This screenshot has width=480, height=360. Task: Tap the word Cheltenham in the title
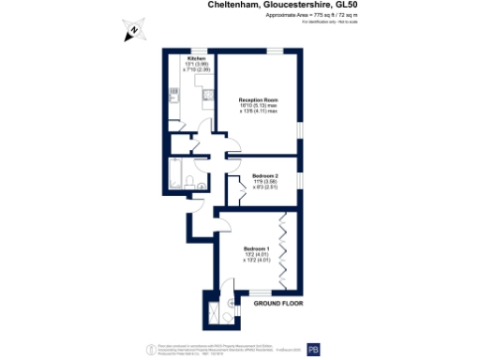coord(234,5)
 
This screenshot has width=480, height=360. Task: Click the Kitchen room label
coord(196,58)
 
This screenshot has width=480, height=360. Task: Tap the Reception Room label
coord(258,100)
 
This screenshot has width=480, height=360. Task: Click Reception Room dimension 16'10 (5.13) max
coord(258,106)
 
